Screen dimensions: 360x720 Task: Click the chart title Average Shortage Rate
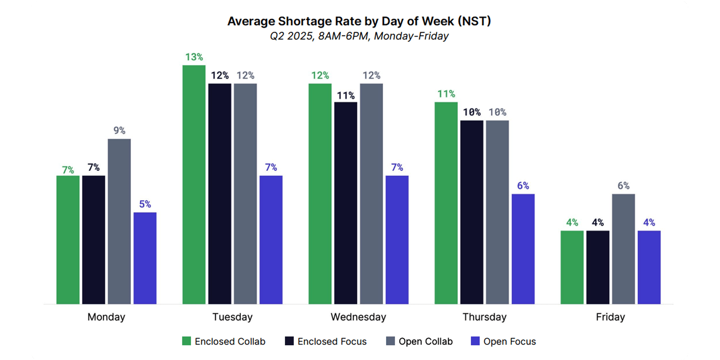pos(359,22)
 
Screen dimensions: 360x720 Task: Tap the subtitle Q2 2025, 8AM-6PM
pos(359,36)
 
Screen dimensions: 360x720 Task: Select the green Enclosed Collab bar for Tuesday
pos(194,184)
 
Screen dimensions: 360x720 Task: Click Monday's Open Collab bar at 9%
pos(119,221)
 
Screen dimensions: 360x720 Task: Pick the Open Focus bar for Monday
pos(145,258)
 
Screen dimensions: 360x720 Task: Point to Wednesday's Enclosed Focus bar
pos(346,203)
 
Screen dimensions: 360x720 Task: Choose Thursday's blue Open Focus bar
pos(523,249)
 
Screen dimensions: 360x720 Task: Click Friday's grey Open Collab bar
pos(623,249)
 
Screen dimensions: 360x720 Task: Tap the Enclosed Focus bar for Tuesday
pos(219,193)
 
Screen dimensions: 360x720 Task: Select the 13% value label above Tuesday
pos(194,57)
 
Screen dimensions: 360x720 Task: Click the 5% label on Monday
pos(145,204)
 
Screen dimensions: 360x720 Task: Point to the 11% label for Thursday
pos(446,94)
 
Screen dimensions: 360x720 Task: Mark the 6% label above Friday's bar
pos(623,186)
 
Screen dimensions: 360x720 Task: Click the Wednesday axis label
pos(358,317)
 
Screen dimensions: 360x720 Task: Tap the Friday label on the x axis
pos(610,317)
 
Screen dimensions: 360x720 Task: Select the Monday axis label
pos(106,317)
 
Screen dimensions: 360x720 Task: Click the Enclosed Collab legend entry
pos(224,342)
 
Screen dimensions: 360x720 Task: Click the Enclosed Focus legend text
pos(332,342)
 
